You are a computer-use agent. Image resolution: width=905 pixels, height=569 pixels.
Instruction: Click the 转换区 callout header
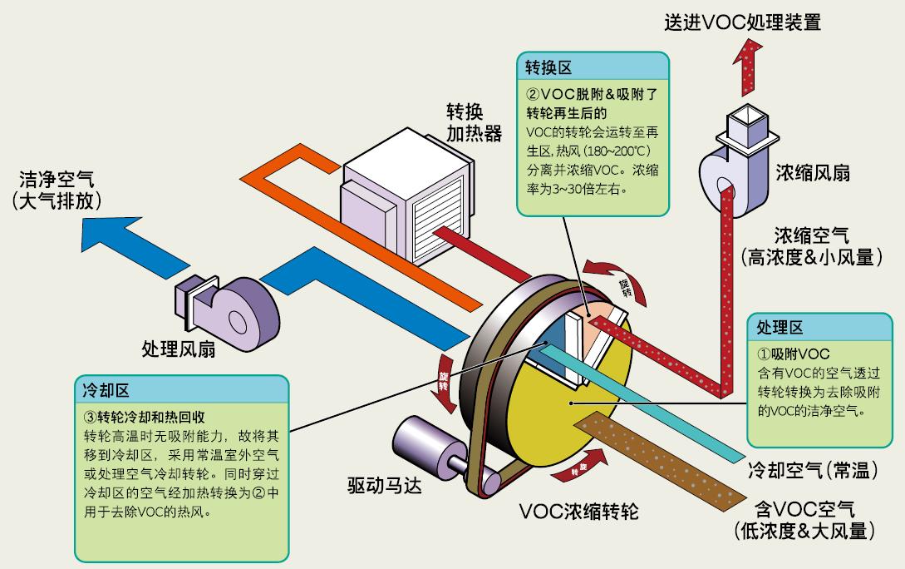tap(548, 67)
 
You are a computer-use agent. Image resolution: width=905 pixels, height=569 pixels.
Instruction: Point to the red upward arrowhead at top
tap(752, 54)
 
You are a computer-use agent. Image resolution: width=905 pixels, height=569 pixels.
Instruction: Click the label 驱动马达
tap(384, 485)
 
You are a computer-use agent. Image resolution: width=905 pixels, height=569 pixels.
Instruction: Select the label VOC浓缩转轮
tap(578, 510)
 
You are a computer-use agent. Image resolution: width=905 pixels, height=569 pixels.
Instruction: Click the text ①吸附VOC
tap(794, 354)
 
